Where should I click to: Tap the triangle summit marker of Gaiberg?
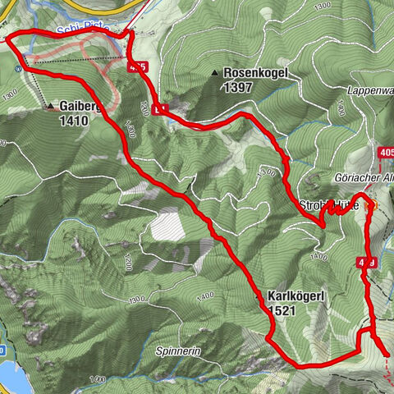[x=51, y=106]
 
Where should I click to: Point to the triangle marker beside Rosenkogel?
[x=216, y=74]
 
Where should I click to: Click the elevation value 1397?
[x=240, y=87]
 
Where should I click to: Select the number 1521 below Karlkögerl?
[x=282, y=310]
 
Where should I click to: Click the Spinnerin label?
[x=178, y=350]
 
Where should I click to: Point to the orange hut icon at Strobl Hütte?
[x=369, y=204]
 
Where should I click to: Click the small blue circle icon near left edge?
[x=18, y=69]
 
